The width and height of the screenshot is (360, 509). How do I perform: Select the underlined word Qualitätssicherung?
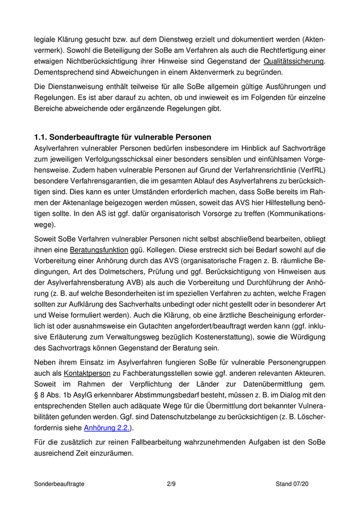(294, 61)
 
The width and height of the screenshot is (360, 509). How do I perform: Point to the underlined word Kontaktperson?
(87, 373)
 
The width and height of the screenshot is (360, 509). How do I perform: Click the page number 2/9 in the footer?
(172, 484)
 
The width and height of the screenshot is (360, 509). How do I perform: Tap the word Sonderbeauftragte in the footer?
(59, 484)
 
